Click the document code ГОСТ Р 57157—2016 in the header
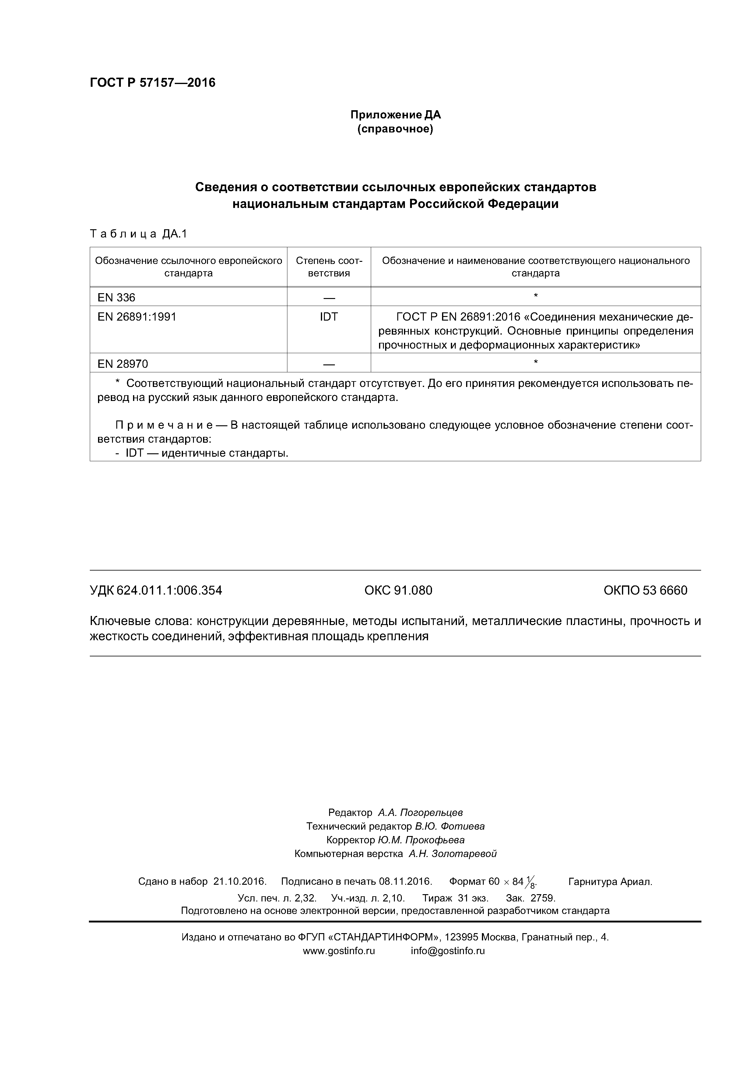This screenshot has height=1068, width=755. tap(153, 83)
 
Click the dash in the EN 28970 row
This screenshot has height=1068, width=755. tap(328, 364)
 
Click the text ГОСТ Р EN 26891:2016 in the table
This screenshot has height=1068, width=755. tap(458, 317)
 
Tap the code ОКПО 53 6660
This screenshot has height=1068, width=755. tap(645, 590)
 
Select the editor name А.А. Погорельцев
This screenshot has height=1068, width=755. tap(420, 813)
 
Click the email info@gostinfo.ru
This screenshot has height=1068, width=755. tap(448, 951)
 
